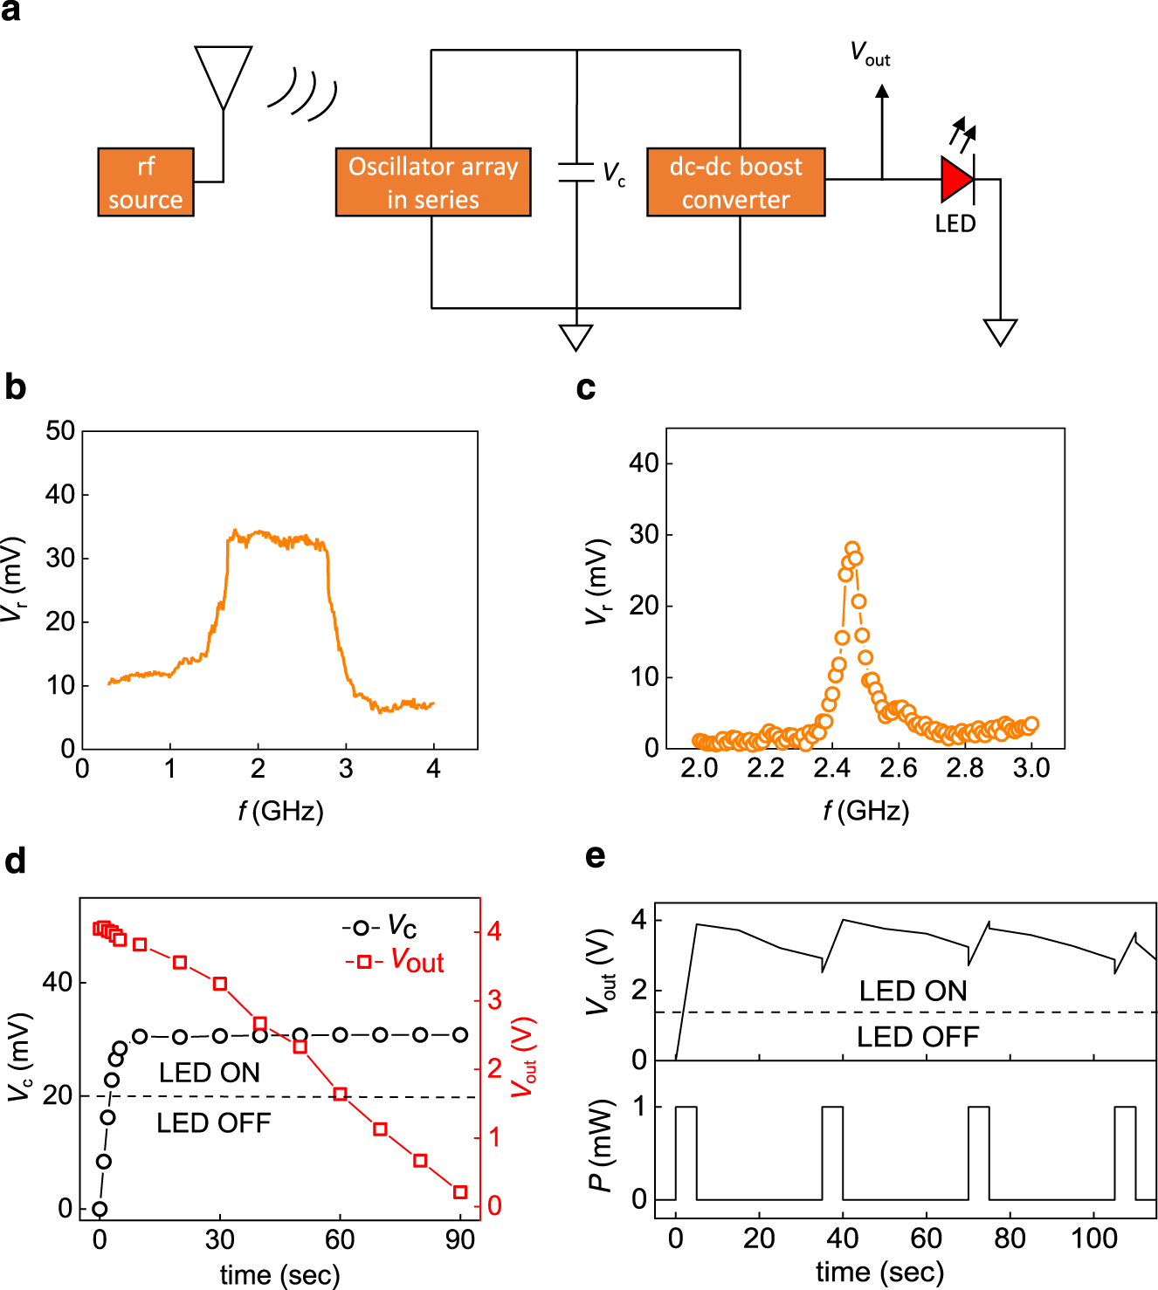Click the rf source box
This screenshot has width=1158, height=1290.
pos(145,182)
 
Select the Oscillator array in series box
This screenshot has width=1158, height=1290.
pos(433,182)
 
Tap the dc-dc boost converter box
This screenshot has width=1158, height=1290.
pos(735,182)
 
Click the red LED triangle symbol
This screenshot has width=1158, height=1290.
pos(956,180)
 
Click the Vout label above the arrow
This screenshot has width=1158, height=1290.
pos(870,54)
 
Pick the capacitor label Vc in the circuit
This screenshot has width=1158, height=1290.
pos(614,173)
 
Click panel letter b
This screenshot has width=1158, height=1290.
pos(15,387)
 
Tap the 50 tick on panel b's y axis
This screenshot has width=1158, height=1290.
pos(59,431)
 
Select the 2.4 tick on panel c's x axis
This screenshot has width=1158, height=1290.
pos(831,768)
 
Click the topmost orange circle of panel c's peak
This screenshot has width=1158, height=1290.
pos(851,548)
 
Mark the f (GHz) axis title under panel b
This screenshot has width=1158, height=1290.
pos(280,812)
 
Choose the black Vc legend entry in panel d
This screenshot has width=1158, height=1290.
pos(380,926)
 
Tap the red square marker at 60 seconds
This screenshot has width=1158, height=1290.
pos(341,1094)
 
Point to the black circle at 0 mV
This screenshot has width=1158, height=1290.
pos(100,1209)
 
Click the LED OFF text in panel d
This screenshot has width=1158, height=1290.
pos(213,1123)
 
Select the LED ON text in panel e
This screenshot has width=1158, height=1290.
pos(913,992)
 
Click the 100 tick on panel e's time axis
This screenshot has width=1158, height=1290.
pos(1093,1239)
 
